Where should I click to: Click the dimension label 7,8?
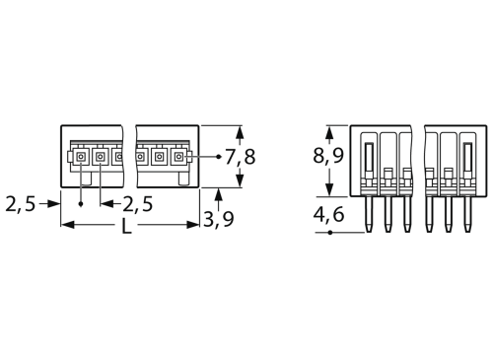click(243, 156)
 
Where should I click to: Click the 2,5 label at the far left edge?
click(20, 203)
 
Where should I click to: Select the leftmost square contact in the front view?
click(80, 157)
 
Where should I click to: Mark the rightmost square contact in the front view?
click(178, 157)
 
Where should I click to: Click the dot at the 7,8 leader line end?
click(216, 156)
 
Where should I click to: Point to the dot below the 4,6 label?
click(329, 233)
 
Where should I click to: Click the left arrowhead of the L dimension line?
click(66, 226)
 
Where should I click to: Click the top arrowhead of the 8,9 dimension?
click(329, 129)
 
